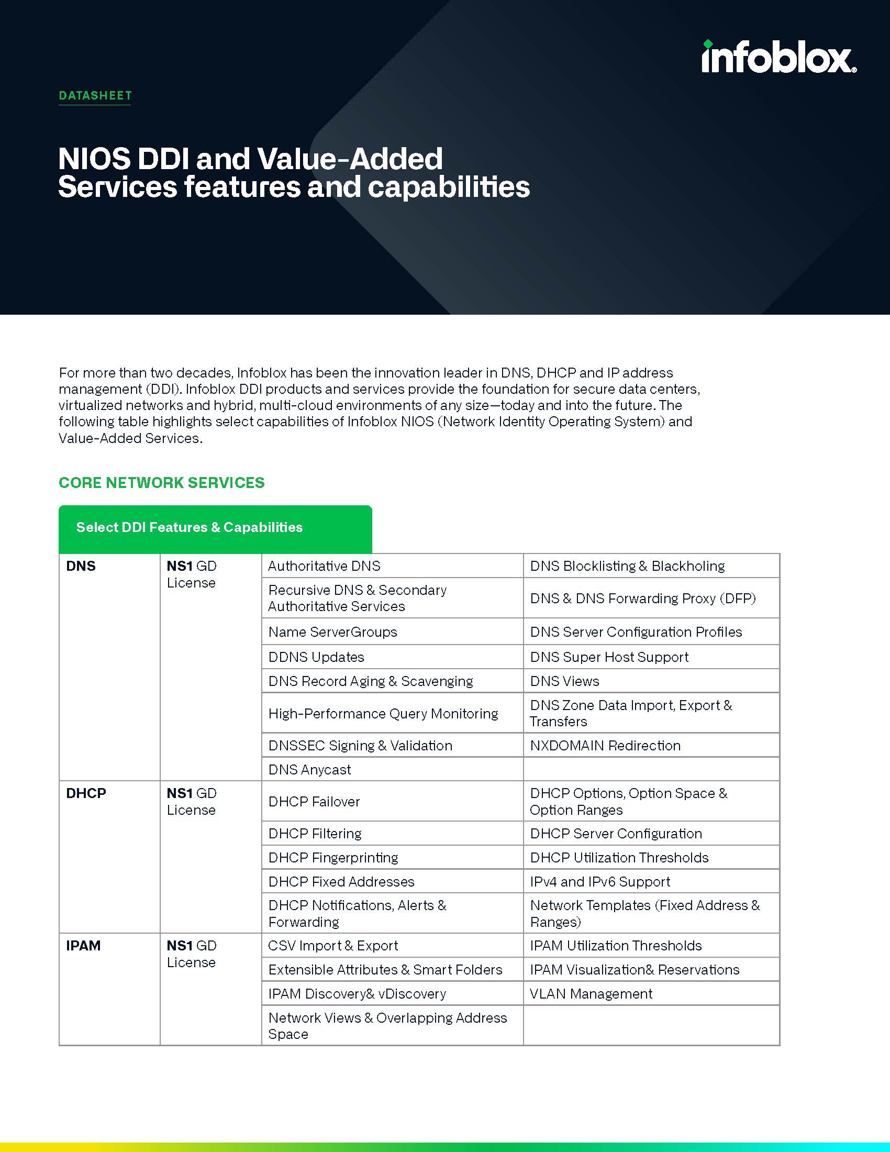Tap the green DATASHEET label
pyautogui.click(x=95, y=95)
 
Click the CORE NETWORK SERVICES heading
pyautogui.click(x=161, y=483)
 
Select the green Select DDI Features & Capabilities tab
pyautogui.click(x=215, y=527)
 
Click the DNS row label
pyautogui.click(x=81, y=566)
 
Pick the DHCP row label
pyautogui.click(x=86, y=793)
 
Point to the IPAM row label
pyautogui.click(x=83, y=946)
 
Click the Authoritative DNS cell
pyautogui.click(x=324, y=566)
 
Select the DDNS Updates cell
pyautogui.click(x=316, y=657)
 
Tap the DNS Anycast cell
pyautogui.click(x=309, y=770)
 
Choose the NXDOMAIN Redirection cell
pyautogui.click(x=605, y=745)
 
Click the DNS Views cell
pyautogui.click(x=565, y=681)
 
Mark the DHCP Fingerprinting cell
pyautogui.click(x=333, y=858)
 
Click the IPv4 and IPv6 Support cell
pyautogui.click(x=600, y=882)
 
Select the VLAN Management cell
pyautogui.click(x=591, y=994)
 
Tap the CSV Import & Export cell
pyautogui.click(x=333, y=946)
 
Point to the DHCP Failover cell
pyautogui.click(x=314, y=802)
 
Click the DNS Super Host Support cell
pyautogui.click(x=609, y=657)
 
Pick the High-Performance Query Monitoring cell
pyautogui.click(x=383, y=714)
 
